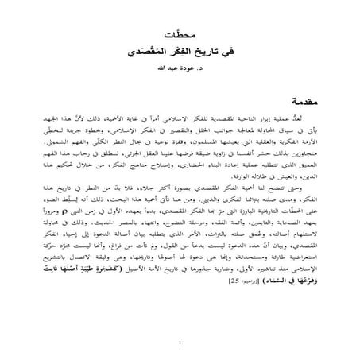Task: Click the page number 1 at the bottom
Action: click(x=180, y=343)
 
